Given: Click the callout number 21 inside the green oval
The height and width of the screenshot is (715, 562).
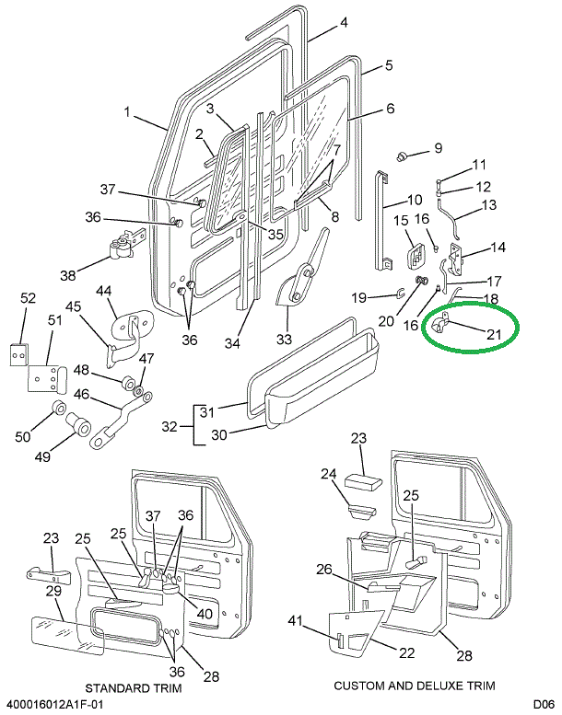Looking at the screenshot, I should click(493, 334).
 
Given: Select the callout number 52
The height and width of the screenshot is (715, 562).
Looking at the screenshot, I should click(28, 298).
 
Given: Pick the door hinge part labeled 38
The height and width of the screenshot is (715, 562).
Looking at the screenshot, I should click(122, 247).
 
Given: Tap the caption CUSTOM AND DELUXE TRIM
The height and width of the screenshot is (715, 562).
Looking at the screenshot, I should click(414, 686).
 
